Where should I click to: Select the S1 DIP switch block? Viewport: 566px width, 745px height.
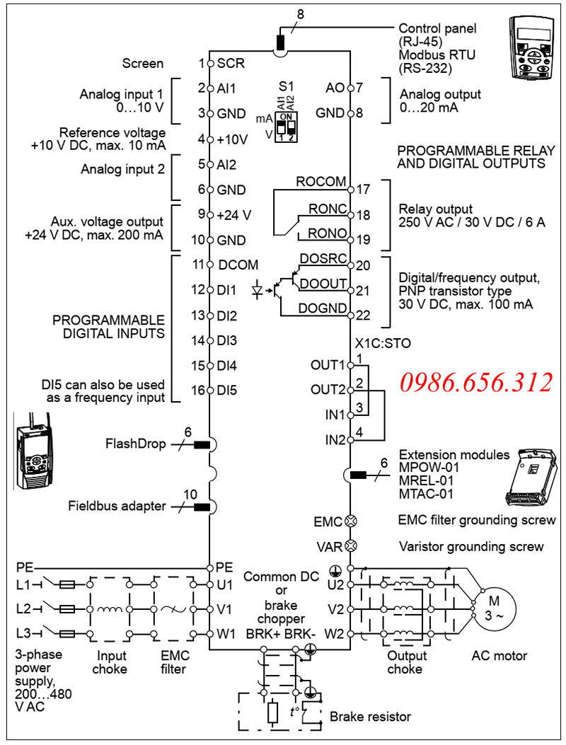tap(286, 127)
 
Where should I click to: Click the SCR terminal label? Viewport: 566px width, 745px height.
tap(231, 63)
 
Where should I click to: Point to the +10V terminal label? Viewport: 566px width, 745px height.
tap(233, 139)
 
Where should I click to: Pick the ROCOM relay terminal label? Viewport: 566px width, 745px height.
tap(321, 182)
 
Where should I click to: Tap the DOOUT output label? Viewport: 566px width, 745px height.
tap(323, 284)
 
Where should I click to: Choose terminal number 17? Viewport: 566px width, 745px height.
tap(363, 190)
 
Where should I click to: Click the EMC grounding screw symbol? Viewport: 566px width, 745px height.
tap(350, 521)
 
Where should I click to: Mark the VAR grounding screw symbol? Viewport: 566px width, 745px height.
tap(350, 547)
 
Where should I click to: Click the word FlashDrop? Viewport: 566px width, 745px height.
tap(136, 444)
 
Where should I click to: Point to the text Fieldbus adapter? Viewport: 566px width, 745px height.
tap(117, 506)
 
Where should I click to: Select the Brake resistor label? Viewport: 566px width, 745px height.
tap(370, 717)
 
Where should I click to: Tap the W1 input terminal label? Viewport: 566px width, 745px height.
tap(226, 634)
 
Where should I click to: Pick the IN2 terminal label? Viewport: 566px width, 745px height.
tap(335, 440)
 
